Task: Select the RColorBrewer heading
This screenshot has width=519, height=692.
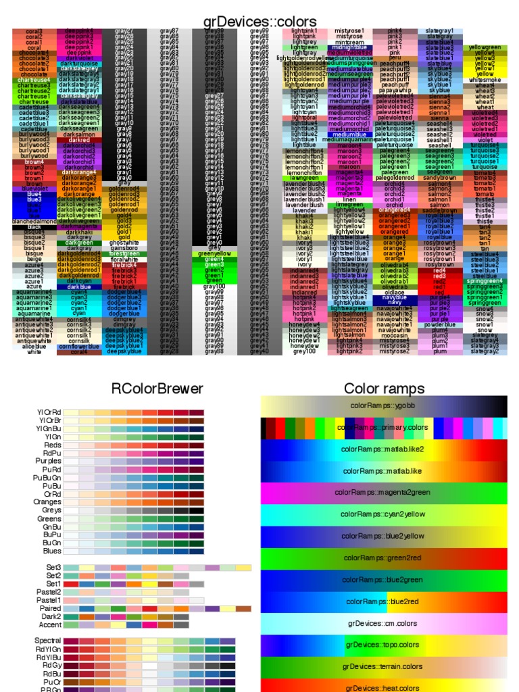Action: (157, 388)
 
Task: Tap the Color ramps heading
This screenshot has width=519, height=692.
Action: (384, 388)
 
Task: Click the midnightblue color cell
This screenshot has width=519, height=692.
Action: (349, 47)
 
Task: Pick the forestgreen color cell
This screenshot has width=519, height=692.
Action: (124, 253)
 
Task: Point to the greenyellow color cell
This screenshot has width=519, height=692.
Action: (214, 253)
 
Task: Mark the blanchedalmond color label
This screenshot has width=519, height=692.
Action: (34, 221)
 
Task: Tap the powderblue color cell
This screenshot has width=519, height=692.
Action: (439, 324)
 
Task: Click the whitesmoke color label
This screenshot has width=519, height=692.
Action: (485, 80)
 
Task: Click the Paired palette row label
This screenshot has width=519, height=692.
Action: (49, 608)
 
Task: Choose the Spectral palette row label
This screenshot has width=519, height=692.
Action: (47, 640)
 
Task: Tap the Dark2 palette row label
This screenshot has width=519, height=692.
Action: (51, 616)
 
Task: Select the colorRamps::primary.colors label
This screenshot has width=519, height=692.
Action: (383, 428)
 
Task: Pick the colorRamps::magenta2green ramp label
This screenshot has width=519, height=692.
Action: (383, 493)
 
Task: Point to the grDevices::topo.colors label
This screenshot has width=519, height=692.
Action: (383, 645)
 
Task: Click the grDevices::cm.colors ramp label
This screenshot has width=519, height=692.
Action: (383, 623)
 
